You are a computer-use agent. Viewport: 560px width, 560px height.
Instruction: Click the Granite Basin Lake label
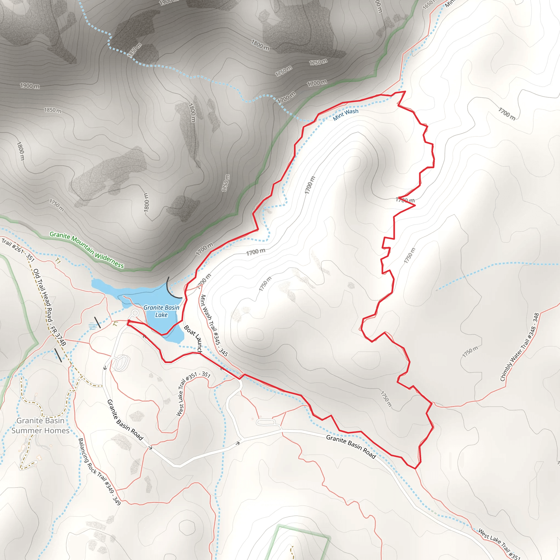[161, 311]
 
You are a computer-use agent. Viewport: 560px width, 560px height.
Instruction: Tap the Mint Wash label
[345, 115]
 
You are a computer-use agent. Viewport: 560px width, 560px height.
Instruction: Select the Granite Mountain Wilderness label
[86, 250]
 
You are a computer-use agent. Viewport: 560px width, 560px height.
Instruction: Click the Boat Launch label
[193, 339]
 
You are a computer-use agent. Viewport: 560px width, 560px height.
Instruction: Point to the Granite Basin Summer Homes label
[40, 425]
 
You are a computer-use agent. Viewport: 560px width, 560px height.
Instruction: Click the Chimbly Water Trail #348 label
[520, 347]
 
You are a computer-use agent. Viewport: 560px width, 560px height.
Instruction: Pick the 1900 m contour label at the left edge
[30, 86]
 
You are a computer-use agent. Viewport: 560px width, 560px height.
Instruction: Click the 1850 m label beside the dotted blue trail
[135, 50]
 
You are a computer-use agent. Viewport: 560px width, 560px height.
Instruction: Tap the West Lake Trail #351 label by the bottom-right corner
[499, 545]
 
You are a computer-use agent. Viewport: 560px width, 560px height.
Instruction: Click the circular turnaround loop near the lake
[135, 313]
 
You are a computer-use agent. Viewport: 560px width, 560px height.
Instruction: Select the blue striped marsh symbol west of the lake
[93, 326]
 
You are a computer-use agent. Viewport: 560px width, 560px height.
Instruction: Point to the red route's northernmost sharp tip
[405, 91]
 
